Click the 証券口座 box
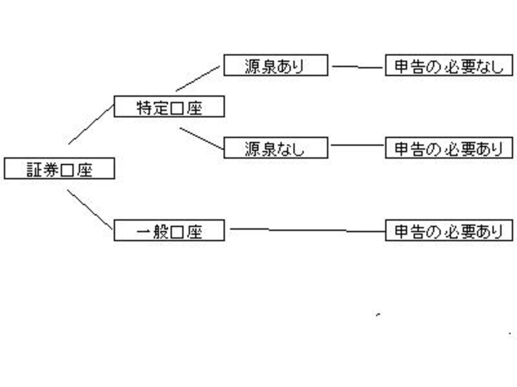click(x=59, y=169)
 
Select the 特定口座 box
click(x=169, y=106)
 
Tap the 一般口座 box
click(x=169, y=230)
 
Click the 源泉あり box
click(x=276, y=66)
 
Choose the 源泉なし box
click(x=276, y=148)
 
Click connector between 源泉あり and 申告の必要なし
click(x=357, y=67)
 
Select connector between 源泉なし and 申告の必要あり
click(x=357, y=146)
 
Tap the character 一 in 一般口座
click(x=144, y=231)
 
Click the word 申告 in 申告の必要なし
click(x=407, y=66)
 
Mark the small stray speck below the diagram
click(x=377, y=314)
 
